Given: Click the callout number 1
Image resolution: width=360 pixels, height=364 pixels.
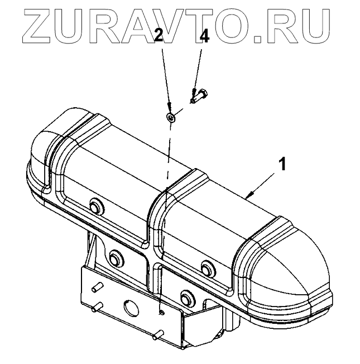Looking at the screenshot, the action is click(x=282, y=164).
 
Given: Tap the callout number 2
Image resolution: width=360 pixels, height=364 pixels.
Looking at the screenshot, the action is click(x=159, y=37).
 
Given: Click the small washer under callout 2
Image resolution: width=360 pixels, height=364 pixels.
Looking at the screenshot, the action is click(x=172, y=117).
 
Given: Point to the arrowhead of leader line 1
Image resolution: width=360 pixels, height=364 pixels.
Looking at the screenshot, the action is click(x=248, y=195).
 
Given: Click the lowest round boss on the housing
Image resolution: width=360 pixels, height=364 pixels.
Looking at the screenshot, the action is click(x=186, y=294).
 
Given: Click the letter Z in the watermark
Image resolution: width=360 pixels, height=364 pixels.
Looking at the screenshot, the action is click(x=40, y=25).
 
